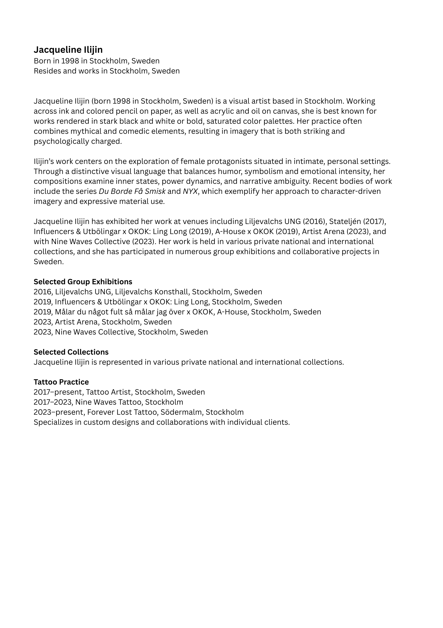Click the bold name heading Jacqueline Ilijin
[68, 50]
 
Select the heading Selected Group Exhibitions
[83, 282]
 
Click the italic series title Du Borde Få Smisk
[132, 192]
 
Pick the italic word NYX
[190, 192]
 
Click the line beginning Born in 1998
[96, 61]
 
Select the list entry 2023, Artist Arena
[103, 322]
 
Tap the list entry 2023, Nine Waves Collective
[120, 332]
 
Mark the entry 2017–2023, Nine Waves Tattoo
[108, 402]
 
